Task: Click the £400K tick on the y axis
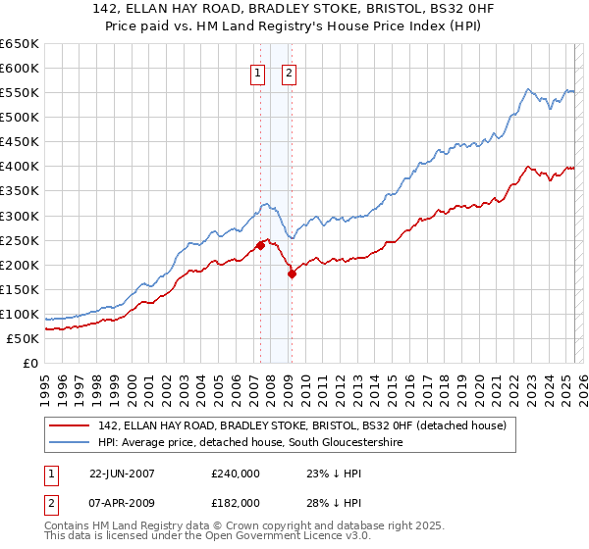click(19, 166)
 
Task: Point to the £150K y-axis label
click(19, 289)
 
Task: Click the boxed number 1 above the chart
click(258, 72)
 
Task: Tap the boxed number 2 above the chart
click(291, 72)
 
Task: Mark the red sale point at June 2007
click(260, 245)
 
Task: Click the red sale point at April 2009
click(292, 274)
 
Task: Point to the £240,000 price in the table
click(236, 474)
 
